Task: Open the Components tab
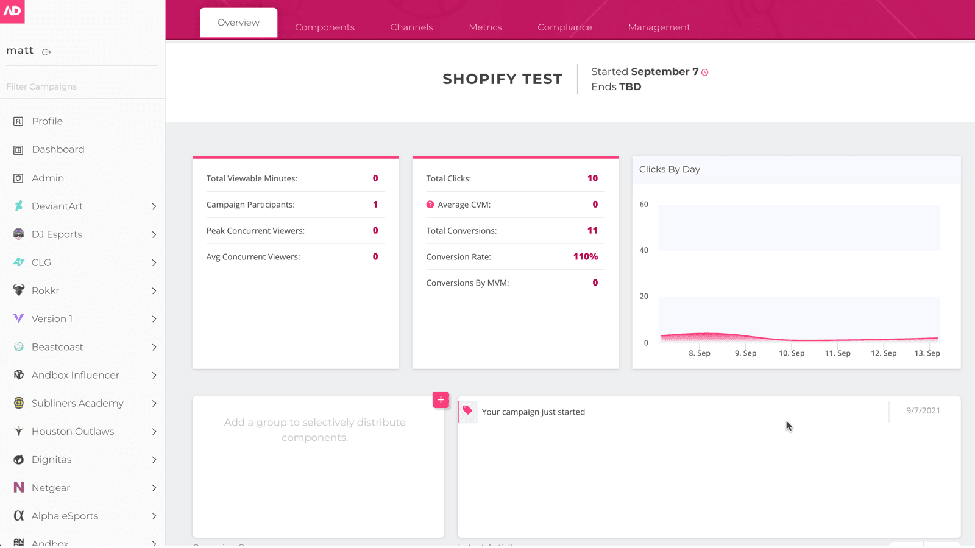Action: pos(324,27)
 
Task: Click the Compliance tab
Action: pos(564,27)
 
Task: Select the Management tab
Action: pos(659,27)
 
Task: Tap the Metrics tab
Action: pos(485,27)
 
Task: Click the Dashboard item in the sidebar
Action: pos(58,150)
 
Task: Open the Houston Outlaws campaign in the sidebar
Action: pos(73,432)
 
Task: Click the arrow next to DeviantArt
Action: pos(154,206)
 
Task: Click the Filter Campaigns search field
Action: pos(79,86)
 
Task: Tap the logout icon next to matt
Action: pos(46,52)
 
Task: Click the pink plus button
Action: pos(441,400)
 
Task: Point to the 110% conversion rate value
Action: pos(585,257)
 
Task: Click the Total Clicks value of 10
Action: pos(592,178)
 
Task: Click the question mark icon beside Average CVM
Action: pos(430,205)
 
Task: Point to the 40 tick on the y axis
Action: pos(643,250)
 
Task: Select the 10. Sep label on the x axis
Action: pos(791,353)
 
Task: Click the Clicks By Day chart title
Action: pos(669,170)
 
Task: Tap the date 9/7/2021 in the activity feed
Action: pos(923,411)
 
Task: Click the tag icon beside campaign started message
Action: pos(467,410)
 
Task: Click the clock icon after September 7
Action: pos(705,72)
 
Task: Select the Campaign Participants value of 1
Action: pos(375,205)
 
